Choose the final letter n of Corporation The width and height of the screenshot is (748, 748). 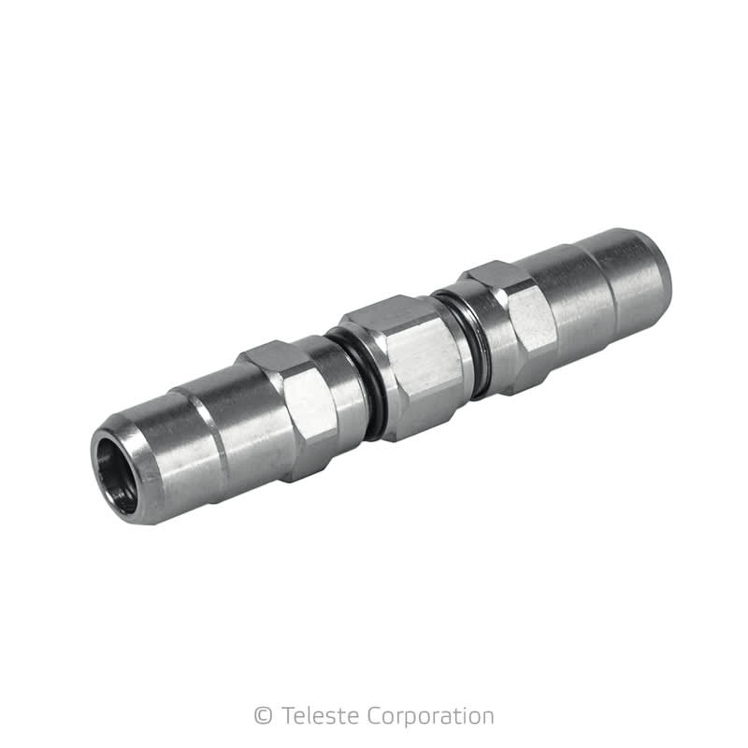click(x=486, y=718)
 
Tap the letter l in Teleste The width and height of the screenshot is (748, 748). click(x=309, y=716)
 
